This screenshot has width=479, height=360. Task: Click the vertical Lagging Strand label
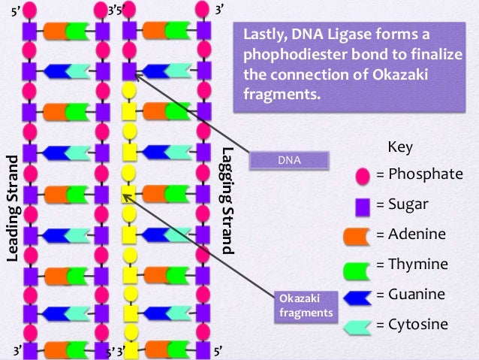pos(228,198)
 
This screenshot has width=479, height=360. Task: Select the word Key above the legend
pos(399,147)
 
